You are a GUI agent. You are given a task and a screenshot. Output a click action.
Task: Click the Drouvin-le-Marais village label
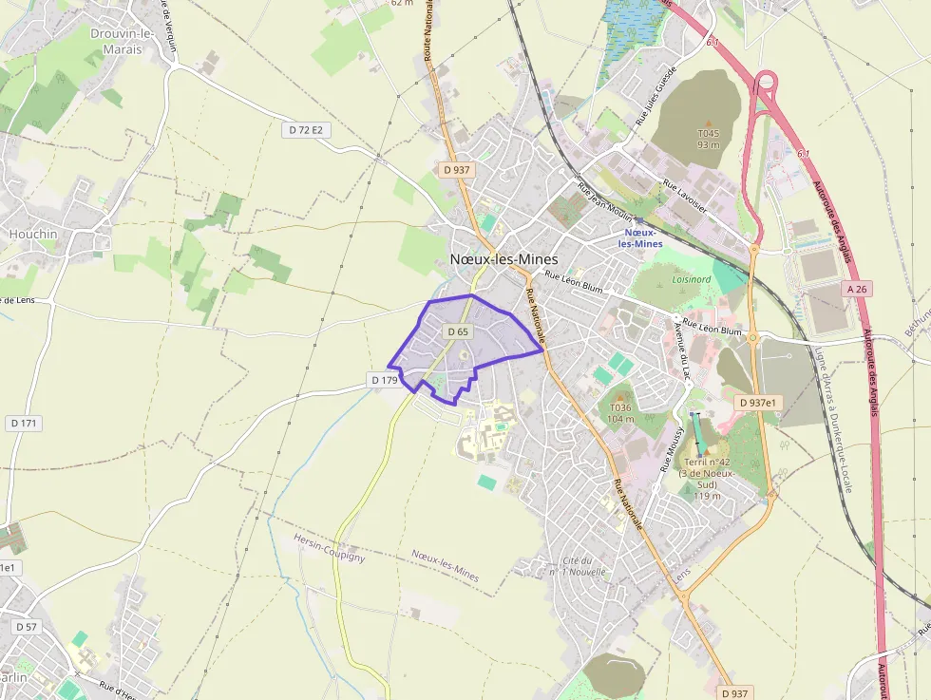pos(122,41)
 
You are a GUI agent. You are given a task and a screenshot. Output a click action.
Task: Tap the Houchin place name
pos(33,234)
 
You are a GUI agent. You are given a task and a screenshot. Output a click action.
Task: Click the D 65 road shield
pos(458,331)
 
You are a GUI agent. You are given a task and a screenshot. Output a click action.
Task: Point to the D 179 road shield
pos(385,380)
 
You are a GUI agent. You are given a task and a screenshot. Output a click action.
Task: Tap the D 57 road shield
pos(27,627)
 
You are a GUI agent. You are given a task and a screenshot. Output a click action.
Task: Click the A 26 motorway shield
pos(856,289)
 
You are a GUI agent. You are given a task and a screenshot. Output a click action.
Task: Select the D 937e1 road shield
pos(757,403)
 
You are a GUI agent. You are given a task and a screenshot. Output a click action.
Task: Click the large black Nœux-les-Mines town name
pos(503,259)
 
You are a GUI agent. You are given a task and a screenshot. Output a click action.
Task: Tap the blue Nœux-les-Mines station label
pos(639,237)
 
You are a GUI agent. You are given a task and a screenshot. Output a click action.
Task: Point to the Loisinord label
pos(691,280)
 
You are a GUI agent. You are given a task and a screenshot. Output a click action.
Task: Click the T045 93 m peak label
pos(708,139)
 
